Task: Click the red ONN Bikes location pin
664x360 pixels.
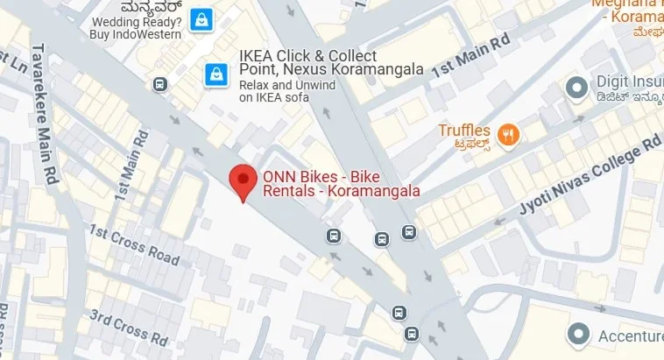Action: coord(243,180)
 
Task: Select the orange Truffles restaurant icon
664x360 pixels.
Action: coord(507,135)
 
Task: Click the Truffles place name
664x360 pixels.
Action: coord(466,131)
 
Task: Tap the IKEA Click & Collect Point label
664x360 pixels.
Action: coord(331,61)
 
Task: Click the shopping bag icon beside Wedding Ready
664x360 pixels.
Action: coord(202,18)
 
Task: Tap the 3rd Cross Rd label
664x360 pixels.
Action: coord(129,324)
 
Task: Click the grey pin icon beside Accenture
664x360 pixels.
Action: coord(577,334)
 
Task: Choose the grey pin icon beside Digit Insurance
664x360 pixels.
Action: coord(576,87)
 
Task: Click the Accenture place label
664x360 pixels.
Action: coord(630,336)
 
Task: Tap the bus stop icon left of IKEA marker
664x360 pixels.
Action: coord(159,84)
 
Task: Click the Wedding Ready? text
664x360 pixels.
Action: coord(136,21)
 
